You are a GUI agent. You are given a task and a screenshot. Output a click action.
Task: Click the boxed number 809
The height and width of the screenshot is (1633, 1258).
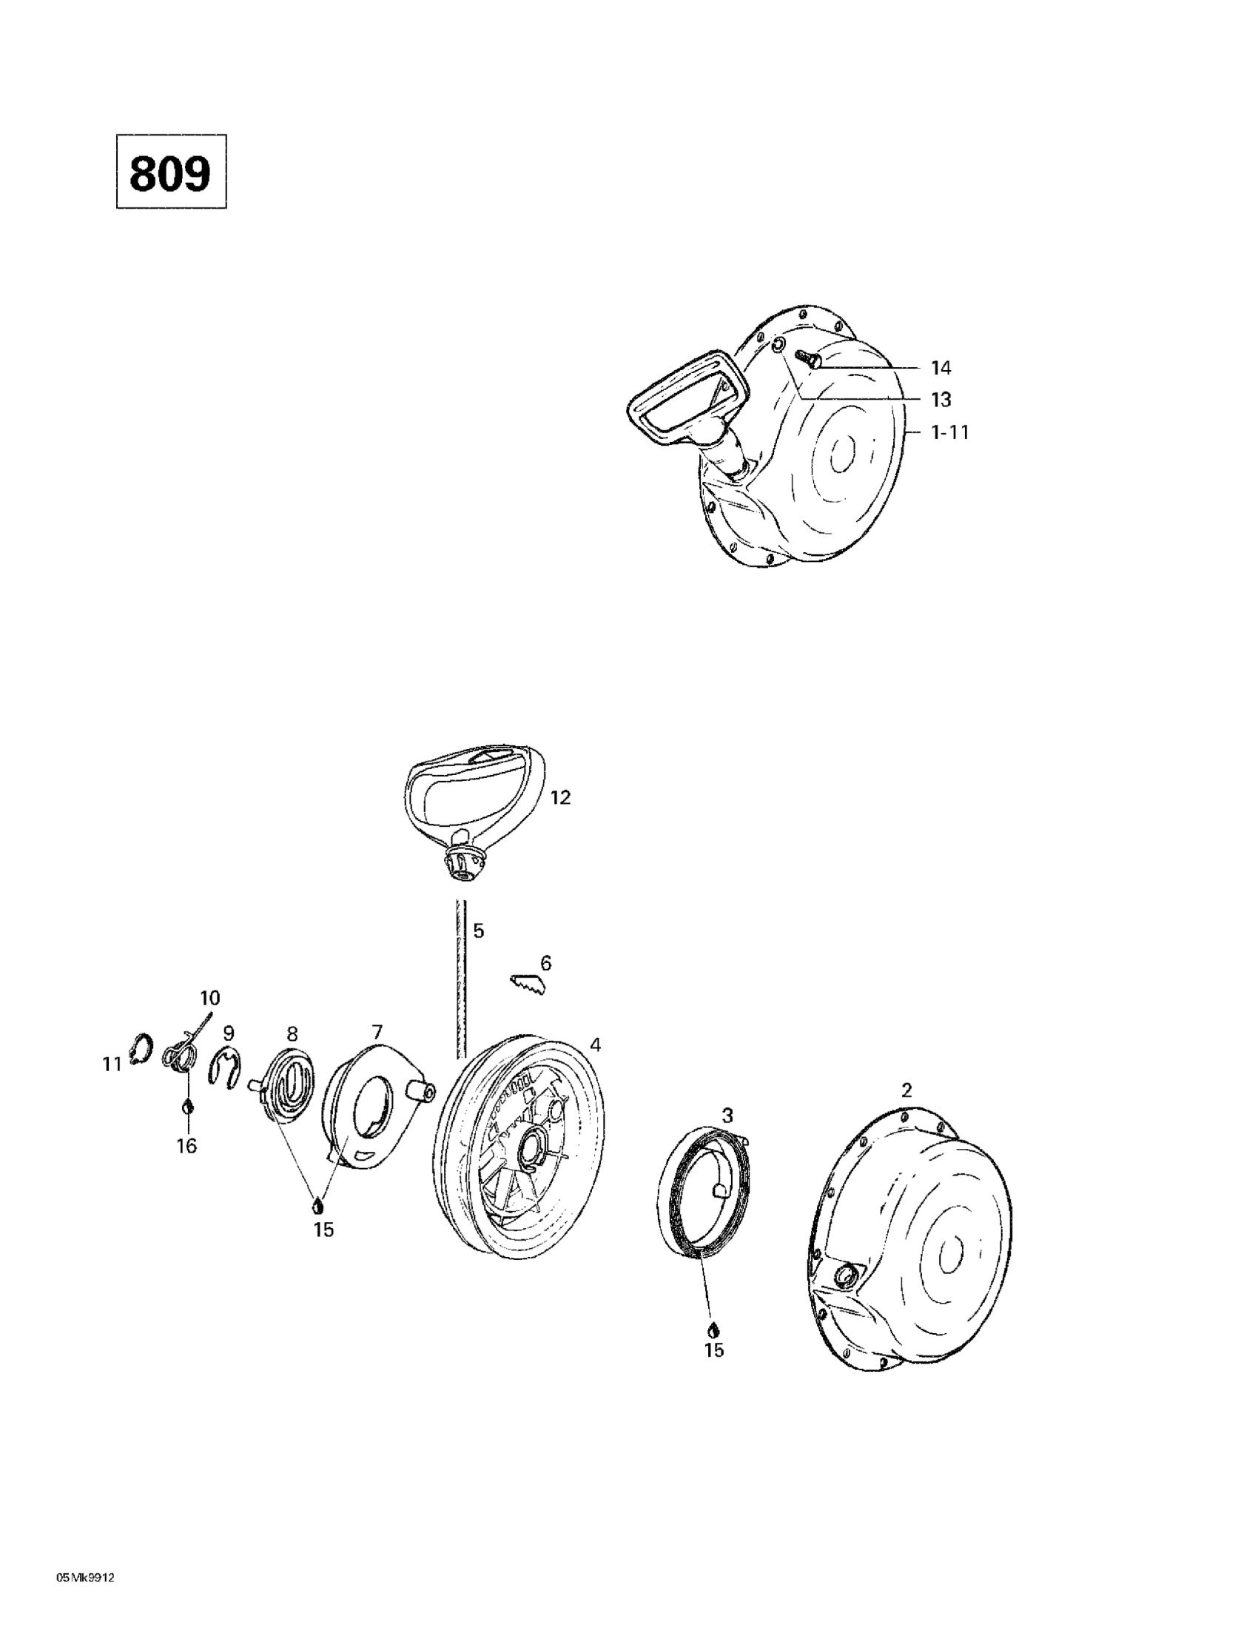170,172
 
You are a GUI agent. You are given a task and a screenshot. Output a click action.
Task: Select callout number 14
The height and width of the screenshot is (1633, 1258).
941,368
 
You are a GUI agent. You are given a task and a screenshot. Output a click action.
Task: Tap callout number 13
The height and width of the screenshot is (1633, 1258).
941,400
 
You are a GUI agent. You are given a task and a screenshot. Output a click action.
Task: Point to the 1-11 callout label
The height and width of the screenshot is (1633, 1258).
949,432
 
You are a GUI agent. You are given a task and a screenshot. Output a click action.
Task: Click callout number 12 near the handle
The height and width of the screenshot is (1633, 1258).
560,798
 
